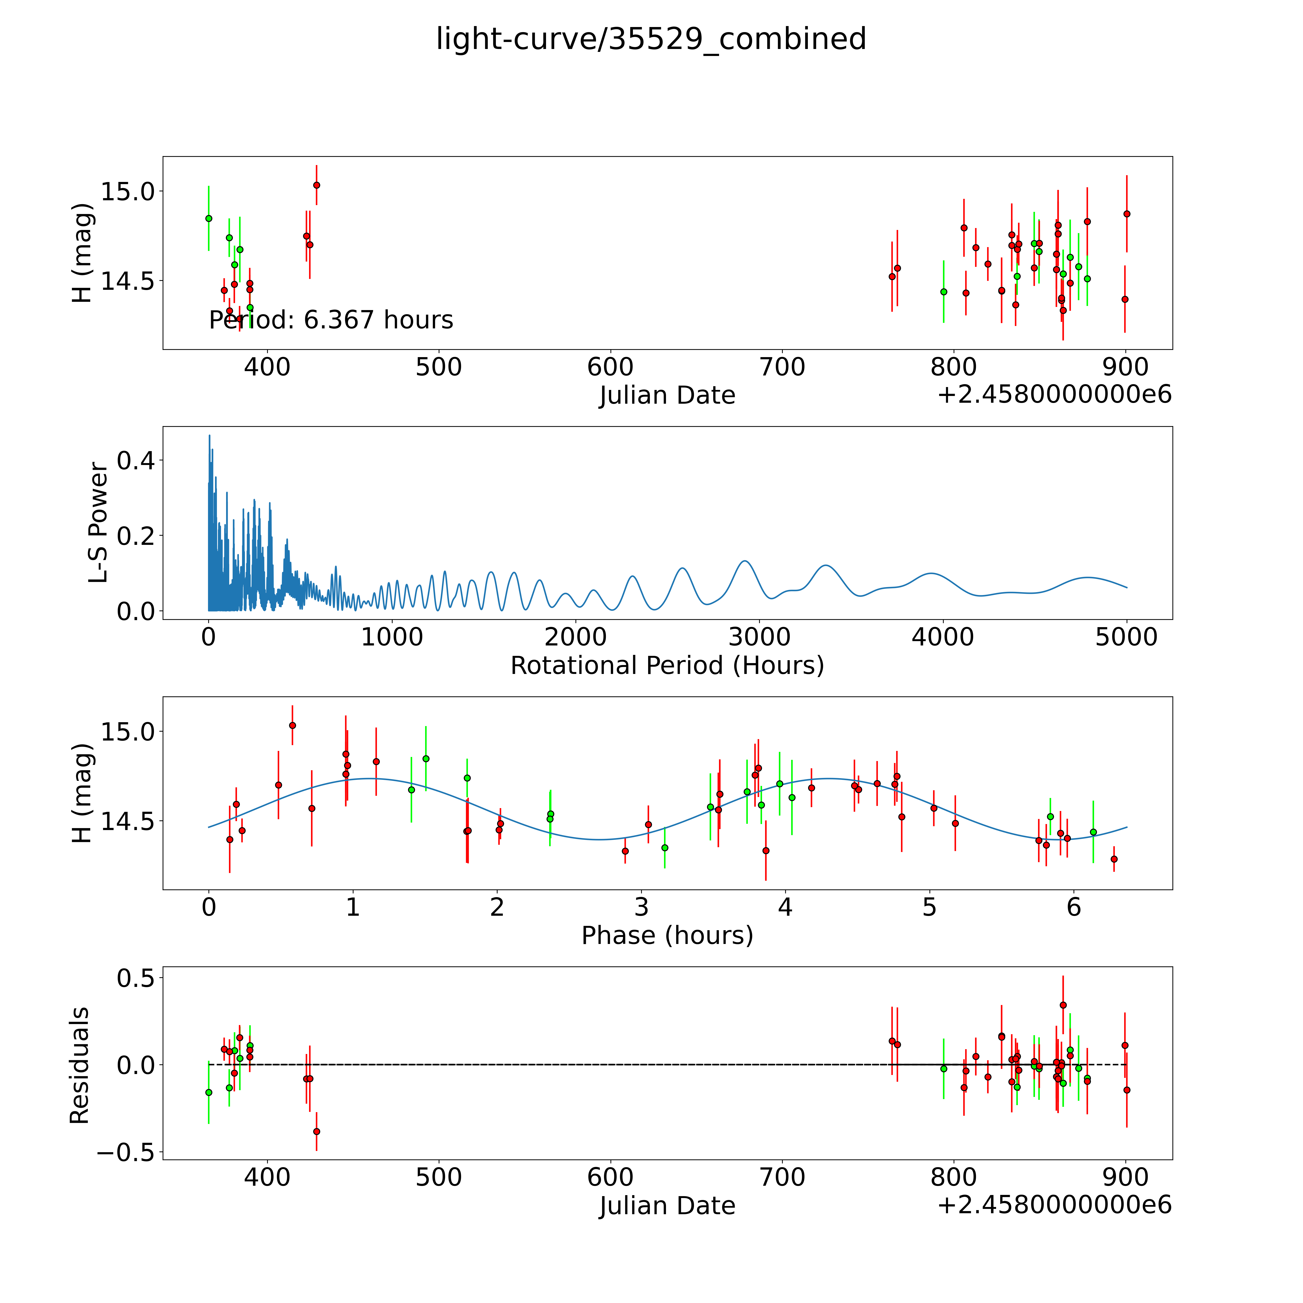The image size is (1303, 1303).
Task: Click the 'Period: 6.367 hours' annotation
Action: click(331, 320)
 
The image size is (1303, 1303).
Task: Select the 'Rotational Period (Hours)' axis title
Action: click(667, 666)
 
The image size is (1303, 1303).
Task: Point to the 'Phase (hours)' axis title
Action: click(667, 936)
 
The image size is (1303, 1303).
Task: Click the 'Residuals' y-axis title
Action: click(80, 1066)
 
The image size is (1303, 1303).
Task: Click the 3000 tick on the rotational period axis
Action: click(759, 637)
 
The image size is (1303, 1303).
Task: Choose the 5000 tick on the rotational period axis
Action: click(1126, 637)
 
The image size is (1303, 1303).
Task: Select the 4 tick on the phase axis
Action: click(785, 907)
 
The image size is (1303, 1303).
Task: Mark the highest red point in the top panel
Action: click(316, 185)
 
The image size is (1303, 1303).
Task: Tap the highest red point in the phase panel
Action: click(292, 725)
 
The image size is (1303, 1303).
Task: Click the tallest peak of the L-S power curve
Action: click(209, 436)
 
